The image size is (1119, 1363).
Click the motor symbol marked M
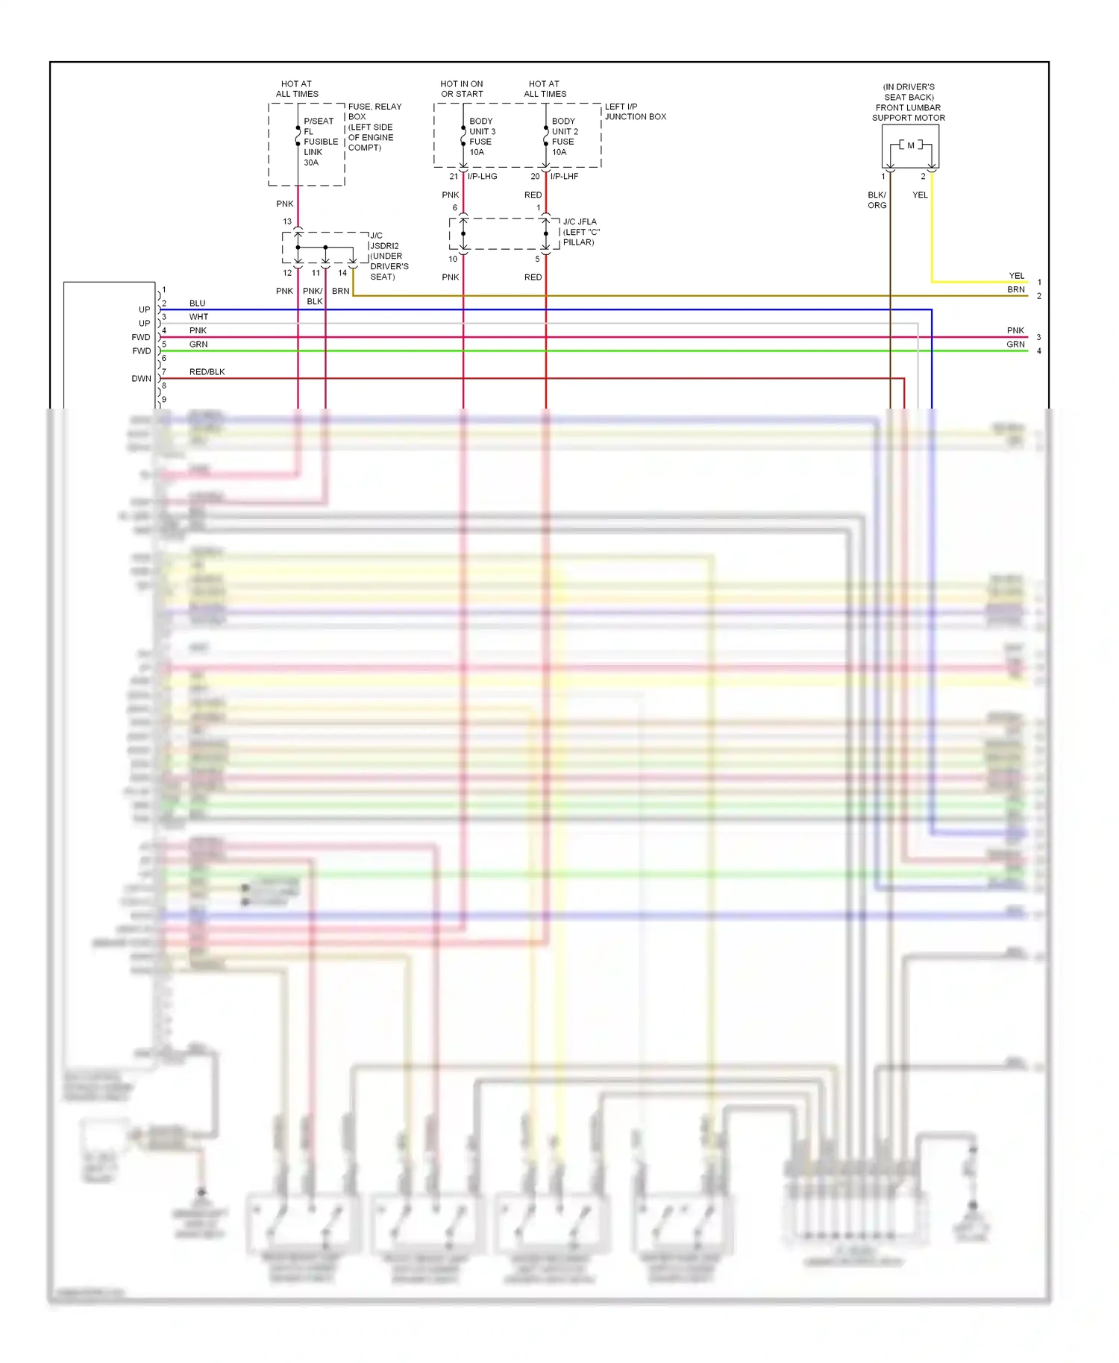click(910, 145)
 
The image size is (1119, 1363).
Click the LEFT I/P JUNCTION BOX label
click(635, 112)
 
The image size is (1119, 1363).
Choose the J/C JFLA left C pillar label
click(581, 232)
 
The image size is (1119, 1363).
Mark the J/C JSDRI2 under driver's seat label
click(389, 256)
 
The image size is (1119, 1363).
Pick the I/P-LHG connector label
click(482, 177)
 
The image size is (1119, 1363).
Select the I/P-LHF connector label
click(564, 177)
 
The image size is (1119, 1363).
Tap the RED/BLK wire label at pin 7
click(207, 372)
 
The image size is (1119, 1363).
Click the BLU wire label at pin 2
click(197, 303)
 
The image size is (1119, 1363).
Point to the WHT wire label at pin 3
click(198, 317)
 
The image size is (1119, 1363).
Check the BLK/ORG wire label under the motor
click(877, 200)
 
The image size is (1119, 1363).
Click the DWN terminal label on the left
click(141, 379)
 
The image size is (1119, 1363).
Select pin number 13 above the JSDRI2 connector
click(287, 221)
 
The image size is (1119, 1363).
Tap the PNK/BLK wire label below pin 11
click(313, 296)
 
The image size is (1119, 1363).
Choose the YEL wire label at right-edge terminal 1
click(1016, 276)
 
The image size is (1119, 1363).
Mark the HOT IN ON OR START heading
click(462, 89)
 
